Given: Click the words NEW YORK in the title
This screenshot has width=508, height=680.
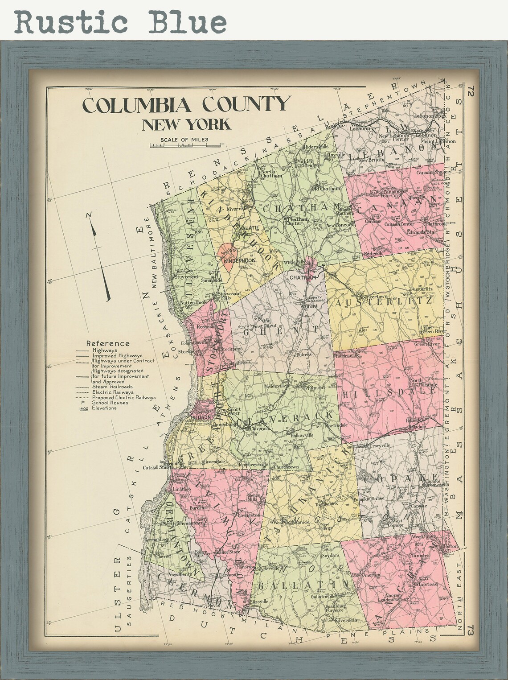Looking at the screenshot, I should coord(186,124).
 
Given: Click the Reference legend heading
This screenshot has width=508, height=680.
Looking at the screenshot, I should coord(108,343).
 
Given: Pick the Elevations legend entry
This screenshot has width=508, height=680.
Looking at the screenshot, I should coord(104,408).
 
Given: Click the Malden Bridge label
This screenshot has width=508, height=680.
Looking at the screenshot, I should coord(306,164).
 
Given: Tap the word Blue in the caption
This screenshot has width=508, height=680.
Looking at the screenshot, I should coord(187,21).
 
